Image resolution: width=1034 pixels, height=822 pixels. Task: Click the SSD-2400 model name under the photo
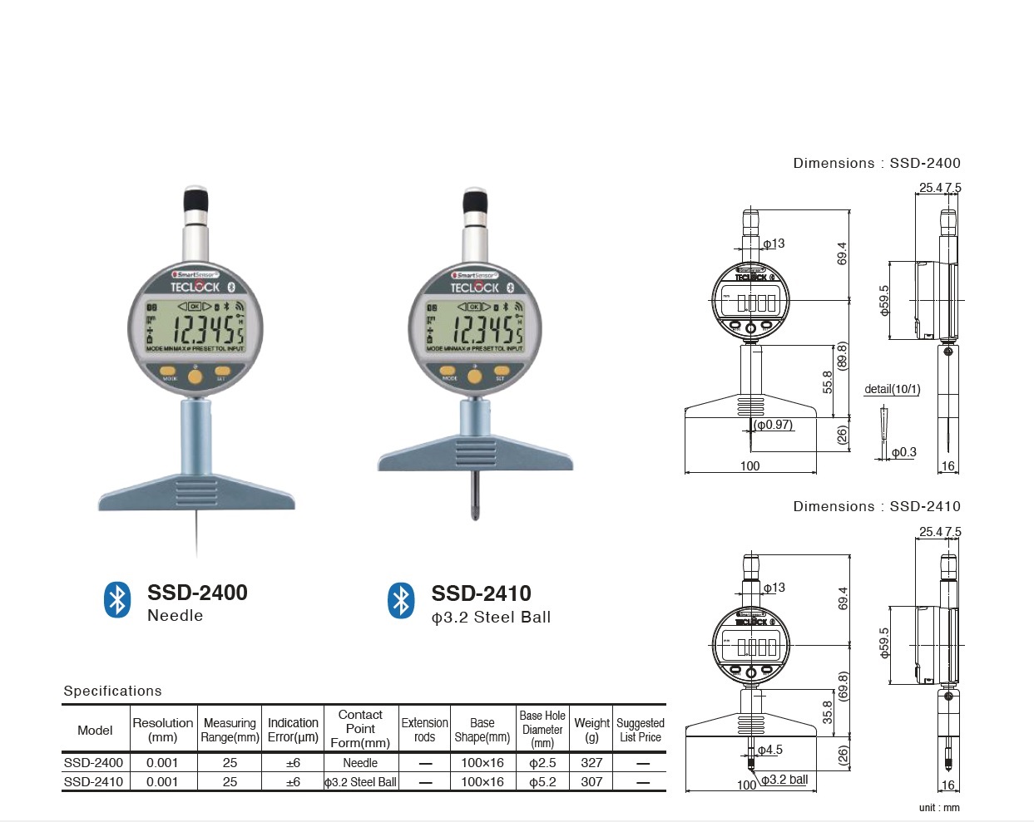coord(197,593)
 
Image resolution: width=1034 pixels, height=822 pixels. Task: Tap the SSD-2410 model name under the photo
coord(481,593)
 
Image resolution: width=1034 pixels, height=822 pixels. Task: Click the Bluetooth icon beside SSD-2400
coord(117,600)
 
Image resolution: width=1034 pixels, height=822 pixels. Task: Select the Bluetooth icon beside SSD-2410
coord(401,600)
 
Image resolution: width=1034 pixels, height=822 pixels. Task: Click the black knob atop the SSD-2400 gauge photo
coord(195,200)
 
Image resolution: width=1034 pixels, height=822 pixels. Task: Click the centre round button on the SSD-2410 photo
coord(475,377)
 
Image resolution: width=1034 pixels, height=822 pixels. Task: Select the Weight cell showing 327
coord(591,762)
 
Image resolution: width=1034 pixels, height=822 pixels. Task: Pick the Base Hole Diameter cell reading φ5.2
coord(542,782)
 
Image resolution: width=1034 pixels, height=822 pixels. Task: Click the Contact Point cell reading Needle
coord(360,762)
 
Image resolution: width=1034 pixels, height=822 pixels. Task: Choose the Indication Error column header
coord(293,730)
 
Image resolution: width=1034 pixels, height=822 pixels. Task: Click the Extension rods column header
coord(424,730)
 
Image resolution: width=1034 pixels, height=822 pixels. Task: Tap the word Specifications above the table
coord(112,691)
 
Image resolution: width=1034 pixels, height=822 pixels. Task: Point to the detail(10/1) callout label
coord(892,389)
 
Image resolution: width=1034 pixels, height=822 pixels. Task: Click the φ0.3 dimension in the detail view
coord(903,452)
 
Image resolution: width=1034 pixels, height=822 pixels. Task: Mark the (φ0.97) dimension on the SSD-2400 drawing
coord(774,425)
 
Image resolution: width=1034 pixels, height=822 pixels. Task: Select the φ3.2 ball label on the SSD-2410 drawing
coord(784,780)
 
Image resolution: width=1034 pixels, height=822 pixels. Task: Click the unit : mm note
coord(939,808)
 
